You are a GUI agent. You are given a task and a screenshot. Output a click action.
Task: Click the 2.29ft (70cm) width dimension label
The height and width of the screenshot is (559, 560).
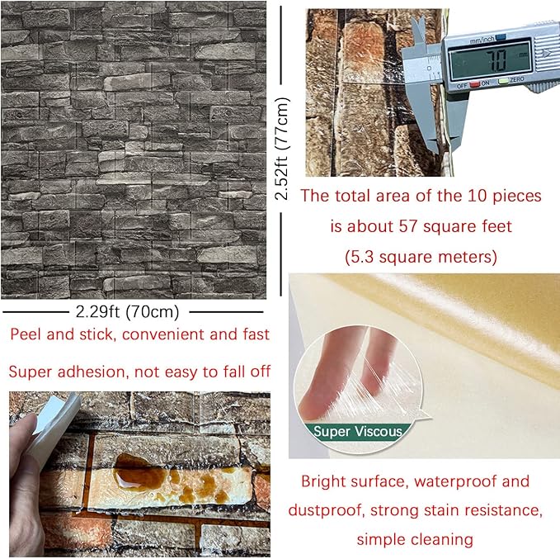(127, 312)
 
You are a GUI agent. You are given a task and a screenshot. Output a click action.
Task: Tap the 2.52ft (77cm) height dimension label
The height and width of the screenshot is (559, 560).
(282, 149)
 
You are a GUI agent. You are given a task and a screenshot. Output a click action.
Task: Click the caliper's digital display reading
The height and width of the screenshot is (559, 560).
(491, 59)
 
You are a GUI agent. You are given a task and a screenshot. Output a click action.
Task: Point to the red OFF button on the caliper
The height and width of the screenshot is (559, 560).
(475, 84)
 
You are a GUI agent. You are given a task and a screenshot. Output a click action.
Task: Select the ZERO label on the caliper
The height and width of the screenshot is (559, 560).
(517, 80)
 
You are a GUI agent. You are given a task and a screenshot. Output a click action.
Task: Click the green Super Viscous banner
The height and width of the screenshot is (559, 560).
(358, 432)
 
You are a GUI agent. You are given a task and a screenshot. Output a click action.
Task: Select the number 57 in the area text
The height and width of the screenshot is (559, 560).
(408, 226)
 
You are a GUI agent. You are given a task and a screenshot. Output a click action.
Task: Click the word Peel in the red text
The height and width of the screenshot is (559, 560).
(26, 334)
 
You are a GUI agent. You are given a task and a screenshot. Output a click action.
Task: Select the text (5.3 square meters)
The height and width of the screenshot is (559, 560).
(421, 257)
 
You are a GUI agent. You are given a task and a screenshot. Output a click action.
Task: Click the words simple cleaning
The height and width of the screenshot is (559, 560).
(415, 539)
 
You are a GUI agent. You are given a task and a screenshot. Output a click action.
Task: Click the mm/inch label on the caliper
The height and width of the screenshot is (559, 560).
(482, 40)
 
